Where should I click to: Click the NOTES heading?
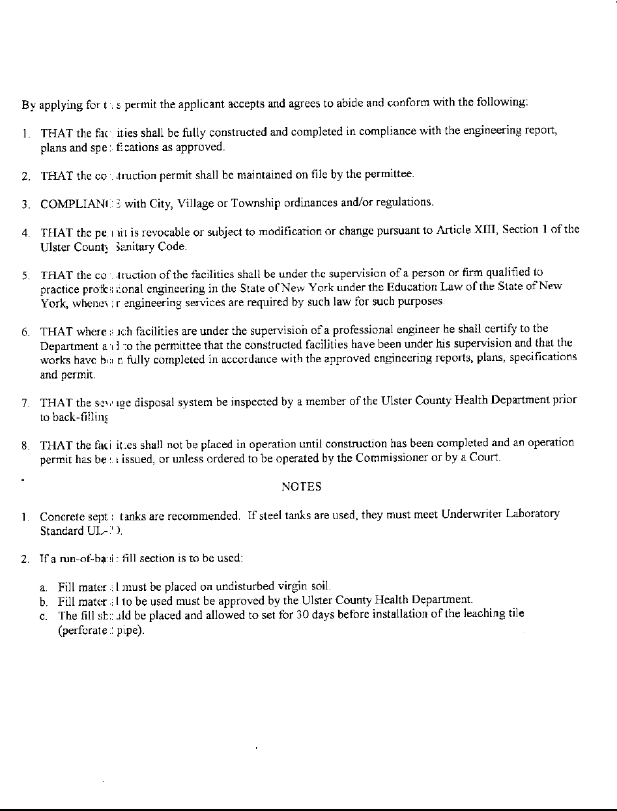(x=301, y=487)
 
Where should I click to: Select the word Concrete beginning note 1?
(x=62, y=517)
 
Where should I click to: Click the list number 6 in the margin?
(x=23, y=332)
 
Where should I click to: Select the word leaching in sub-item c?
(x=485, y=614)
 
